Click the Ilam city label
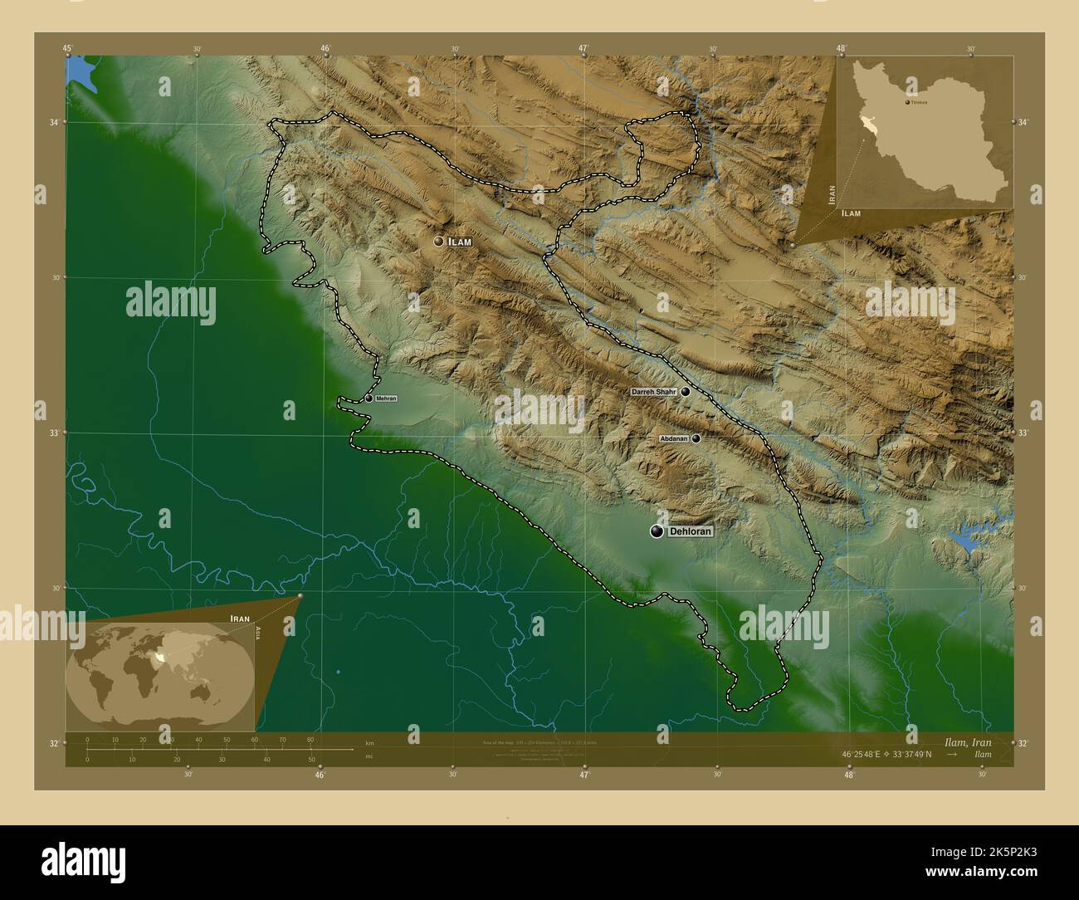click(x=460, y=242)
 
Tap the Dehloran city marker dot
click(x=657, y=531)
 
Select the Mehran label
click(x=386, y=399)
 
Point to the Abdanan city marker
click(x=696, y=438)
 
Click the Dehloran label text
click(x=690, y=531)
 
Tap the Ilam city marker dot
click(x=438, y=242)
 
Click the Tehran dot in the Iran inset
click(x=907, y=102)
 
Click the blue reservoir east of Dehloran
click(x=968, y=542)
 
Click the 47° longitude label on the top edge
click(x=583, y=49)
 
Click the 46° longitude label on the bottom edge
click(x=320, y=775)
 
